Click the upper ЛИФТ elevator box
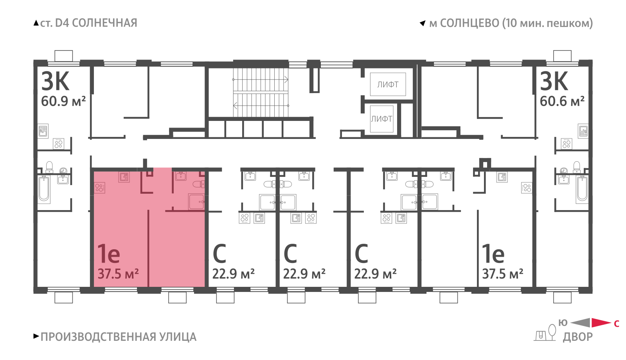point(388,85)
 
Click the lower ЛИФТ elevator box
point(381,119)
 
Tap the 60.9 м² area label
point(63,101)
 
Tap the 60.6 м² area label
point(562,101)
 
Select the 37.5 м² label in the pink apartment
point(118,274)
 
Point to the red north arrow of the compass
point(601,322)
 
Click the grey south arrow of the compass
point(581,322)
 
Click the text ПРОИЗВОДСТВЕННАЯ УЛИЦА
point(119,337)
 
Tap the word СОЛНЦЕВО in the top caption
point(469,23)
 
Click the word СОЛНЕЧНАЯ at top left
point(104,23)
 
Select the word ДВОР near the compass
point(577,337)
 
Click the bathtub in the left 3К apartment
point(44,189)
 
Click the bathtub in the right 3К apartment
point(582,189)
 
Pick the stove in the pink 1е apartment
point(99,187)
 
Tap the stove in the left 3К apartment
point(58,144)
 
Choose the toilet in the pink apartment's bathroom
point(199,184)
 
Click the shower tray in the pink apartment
point(196,202)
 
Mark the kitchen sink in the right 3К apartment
point(583,131)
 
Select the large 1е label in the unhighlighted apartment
point(493,254)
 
